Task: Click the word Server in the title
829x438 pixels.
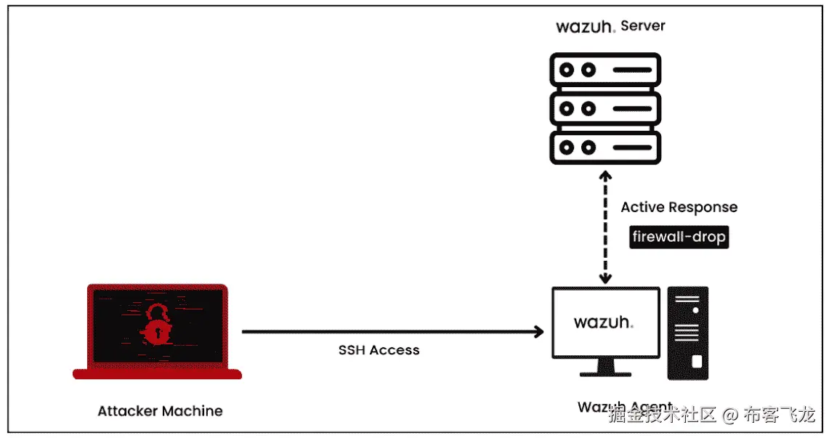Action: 643,26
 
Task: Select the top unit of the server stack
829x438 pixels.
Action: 604,70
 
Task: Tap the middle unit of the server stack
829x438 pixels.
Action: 604,110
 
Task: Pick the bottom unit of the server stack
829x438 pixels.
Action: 604,148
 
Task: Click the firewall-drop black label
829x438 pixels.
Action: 679,238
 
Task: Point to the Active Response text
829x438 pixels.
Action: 679,208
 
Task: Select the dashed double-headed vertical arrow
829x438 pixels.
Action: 604,227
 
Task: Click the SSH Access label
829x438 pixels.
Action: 379,350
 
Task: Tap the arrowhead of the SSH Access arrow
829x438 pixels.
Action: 538,332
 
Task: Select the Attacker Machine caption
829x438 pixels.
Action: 160,411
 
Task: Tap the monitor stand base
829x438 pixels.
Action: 605,374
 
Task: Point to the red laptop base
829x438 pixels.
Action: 157,374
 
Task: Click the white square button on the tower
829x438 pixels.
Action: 696,361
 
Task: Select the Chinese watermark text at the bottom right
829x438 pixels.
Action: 712,415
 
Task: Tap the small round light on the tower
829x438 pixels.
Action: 695,310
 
